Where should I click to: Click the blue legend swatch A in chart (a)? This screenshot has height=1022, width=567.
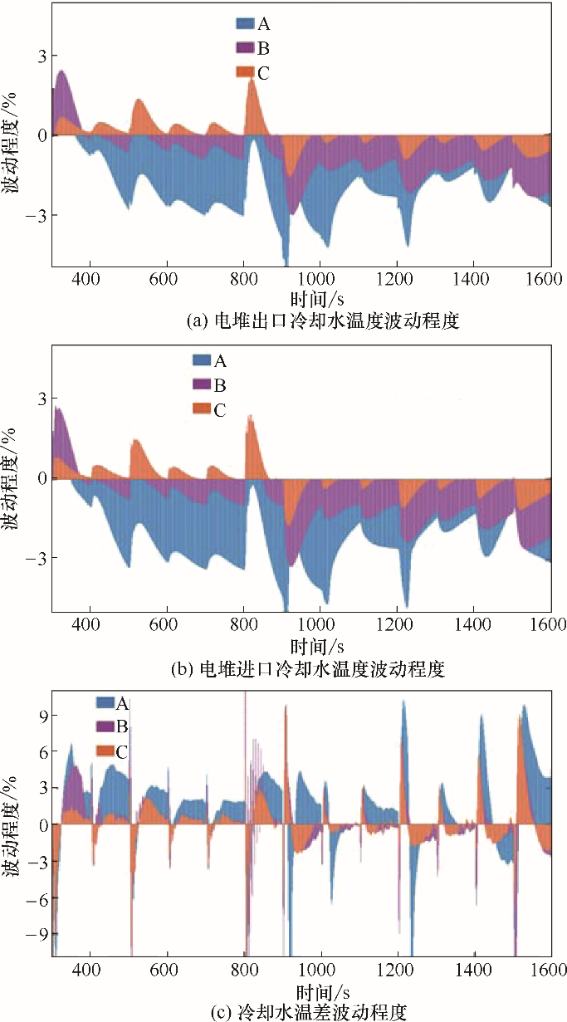pos(247,24)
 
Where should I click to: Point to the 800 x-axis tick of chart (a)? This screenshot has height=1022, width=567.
pos(243,277)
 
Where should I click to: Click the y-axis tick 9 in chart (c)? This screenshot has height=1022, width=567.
pos(39,716)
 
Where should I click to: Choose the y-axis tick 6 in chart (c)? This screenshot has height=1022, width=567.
pos(39,752)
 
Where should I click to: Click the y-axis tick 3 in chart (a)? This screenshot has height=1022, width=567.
pos(39,56)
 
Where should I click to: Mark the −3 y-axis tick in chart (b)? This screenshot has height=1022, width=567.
pos(35,557)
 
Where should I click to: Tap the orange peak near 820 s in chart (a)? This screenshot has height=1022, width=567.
pos(254,83)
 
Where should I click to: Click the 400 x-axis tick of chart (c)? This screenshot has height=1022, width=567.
pos(88,969)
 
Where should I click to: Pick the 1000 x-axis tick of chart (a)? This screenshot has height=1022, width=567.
pos(319,277)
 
